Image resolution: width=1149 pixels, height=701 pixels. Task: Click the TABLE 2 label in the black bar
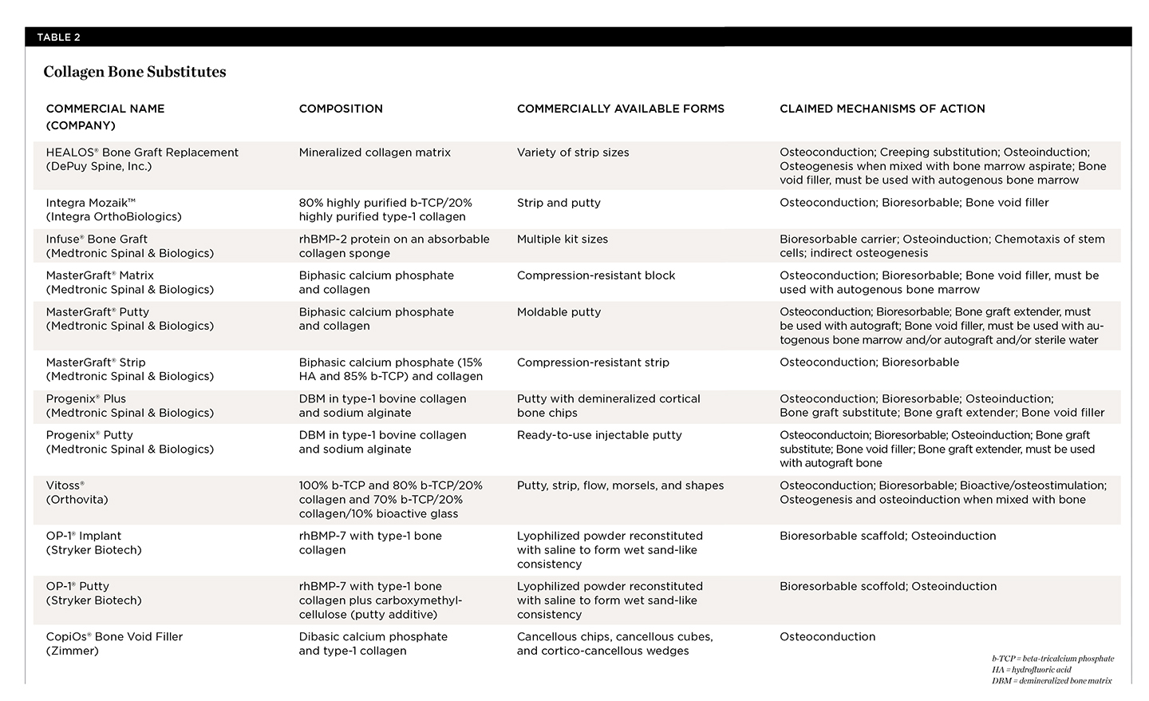(x=58, y=38)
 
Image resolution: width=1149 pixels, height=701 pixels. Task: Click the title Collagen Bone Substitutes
(x=134, y=72)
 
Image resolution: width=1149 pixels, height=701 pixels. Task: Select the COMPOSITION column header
(x=341, y=109)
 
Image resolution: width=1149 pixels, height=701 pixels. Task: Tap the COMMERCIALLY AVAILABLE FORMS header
(x=620, y=109)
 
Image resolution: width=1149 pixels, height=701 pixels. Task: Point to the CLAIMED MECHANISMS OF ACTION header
(x=882, y=109)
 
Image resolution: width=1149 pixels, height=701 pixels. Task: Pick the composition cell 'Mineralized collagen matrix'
(x=374, y=152)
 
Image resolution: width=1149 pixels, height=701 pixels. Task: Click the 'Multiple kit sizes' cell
(x=562, y=239)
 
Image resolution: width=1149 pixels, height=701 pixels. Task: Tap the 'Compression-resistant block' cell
(x=595, y=275)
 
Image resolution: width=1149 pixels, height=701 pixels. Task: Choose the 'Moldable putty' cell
(x=559, y=312)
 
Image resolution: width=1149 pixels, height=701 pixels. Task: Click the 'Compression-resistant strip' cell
(x=592, y=362)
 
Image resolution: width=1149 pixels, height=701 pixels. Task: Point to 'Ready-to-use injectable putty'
(x=598, y=435)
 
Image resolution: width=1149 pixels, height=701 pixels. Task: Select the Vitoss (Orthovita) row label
(x=77, y=493)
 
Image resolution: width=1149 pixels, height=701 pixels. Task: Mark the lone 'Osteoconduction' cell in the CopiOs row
(x=827, y=637)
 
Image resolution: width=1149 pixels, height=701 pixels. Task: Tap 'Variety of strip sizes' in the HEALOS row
(x=572, y=152)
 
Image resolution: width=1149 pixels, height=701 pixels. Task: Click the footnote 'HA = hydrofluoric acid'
(x=1031, y=670)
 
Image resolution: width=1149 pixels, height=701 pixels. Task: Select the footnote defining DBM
(x=1051, y=681)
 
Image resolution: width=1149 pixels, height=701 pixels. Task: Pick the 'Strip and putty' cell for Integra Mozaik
(x=558, y=203)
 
